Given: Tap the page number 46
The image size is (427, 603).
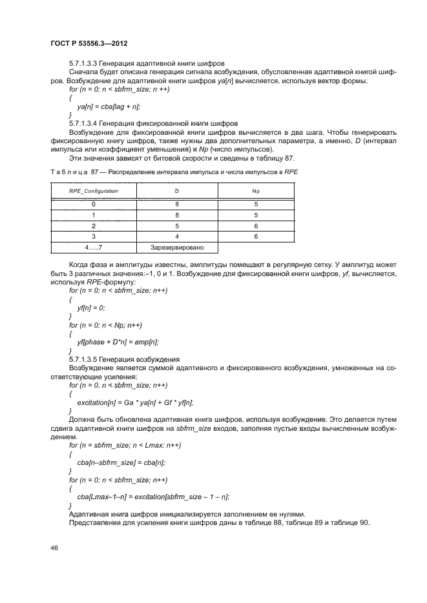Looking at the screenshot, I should (x=54, y=548).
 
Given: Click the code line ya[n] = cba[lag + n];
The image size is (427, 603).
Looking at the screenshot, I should (x=109, y=106).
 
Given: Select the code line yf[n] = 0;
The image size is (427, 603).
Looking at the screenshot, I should (x=90, y=308).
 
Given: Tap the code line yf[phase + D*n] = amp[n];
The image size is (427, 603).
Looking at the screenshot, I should (x=118, y=341).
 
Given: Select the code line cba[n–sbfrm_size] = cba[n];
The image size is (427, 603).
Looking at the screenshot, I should (x=121, y=462).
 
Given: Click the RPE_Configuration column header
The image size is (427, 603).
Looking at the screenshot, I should (x=94, y=192).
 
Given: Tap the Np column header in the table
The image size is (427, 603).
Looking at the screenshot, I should (x=255, y=192).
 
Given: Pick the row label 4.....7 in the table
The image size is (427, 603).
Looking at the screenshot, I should (x=94, y=247).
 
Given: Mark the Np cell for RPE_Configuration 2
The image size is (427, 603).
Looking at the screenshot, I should (x=255, y=226).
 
